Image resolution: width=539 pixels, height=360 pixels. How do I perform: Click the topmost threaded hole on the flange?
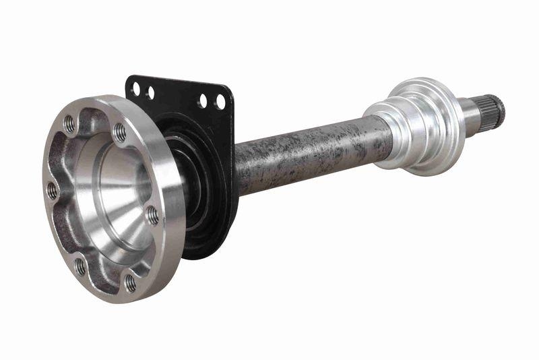[69, 124]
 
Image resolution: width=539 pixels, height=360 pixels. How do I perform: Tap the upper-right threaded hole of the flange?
[119, 132]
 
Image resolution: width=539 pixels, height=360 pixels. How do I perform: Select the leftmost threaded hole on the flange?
[52, 191]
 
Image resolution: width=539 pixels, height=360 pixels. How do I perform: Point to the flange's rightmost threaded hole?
[153, 216]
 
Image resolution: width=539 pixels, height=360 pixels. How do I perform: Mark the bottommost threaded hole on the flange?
[130, 283]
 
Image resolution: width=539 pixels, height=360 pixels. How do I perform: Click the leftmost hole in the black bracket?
[136, 88]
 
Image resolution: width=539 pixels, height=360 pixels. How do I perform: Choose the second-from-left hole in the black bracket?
[150, 91]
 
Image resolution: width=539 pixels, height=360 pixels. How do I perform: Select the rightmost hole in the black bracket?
[220, 103]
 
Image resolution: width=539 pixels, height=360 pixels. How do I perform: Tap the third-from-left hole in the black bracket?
[203, 101]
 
